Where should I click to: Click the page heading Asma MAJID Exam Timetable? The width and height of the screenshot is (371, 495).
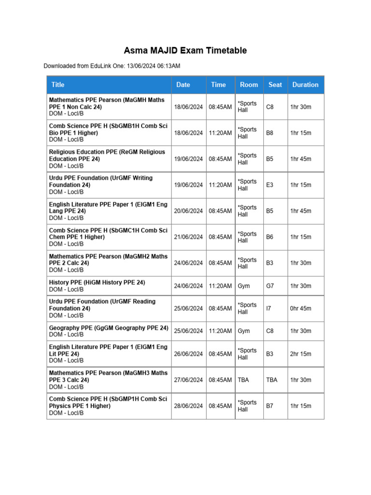click(185, 50)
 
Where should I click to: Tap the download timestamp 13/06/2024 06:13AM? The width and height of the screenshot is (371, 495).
click(154, 66)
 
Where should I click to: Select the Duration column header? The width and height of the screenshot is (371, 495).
click(305, 85)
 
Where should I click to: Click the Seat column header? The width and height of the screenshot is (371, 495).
click(275, 85)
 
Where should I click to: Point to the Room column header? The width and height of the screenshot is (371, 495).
click(249, 85)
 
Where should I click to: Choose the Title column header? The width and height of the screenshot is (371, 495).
click(57, 85)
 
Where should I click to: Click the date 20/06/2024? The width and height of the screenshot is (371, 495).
click(188, 211)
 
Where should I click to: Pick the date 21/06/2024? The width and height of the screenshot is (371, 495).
click(188, 237)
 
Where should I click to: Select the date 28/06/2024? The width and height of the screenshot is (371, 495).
click(188, 406)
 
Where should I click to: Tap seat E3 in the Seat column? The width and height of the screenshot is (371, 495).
click(270, 185)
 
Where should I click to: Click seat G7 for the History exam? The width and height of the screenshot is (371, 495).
click(270, 286)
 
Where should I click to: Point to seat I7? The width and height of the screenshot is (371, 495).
click(269, 308)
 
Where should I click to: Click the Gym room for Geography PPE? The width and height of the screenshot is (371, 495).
click(243, 331)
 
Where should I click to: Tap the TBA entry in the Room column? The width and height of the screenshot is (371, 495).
click(243, 380)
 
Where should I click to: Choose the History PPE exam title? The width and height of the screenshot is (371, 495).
click(97, 282)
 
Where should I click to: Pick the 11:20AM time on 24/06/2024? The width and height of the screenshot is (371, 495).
click(220, 286)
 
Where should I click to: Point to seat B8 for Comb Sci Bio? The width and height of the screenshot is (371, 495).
click(270, 133)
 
